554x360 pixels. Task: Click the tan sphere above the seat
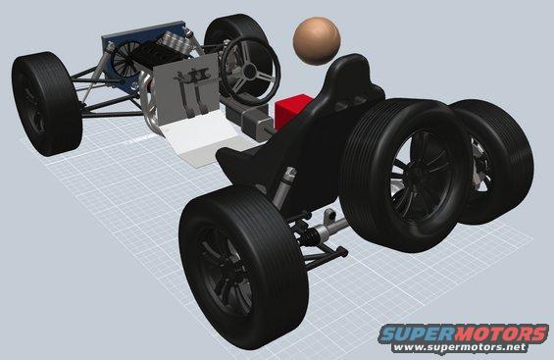tap(317, 41)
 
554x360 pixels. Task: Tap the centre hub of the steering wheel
tap(250, 72)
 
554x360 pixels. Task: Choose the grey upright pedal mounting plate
tap(185, 89)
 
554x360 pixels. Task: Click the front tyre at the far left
tap(46, 104)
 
